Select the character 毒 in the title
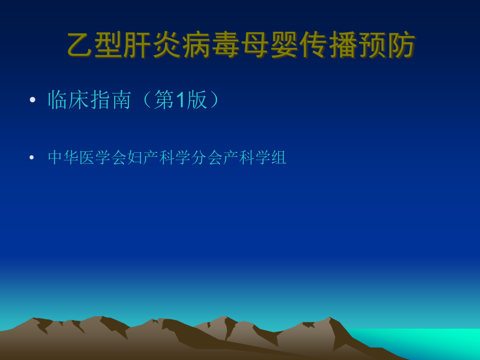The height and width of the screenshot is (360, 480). point(225,45)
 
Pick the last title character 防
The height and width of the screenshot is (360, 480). point(401,45)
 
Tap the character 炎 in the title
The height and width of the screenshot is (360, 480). point(167,45)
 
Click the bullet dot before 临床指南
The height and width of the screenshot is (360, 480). point(33,100)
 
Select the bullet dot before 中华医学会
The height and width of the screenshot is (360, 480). point(32,158)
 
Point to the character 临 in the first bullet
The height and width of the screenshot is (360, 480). point(58,100)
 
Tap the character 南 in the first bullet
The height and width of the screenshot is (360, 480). point(121,100)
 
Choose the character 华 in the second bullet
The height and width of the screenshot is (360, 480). point(71,158)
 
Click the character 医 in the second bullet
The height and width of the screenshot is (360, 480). point(88,158)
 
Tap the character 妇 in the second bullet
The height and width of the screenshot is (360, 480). point(135,158)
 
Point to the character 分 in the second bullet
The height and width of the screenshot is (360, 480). point(199,158)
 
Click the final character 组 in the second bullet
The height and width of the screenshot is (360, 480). point(279,158)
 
